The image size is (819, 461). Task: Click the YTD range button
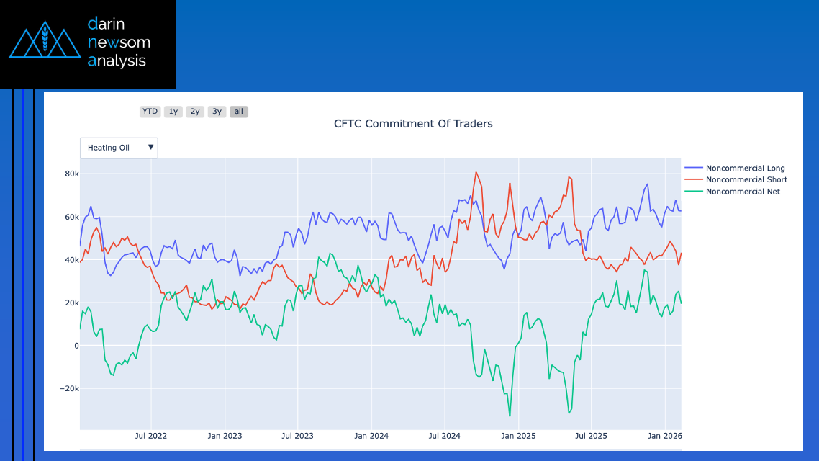150,112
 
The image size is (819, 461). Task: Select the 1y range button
173,112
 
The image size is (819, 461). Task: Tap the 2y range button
195,112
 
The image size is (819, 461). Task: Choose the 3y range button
217,112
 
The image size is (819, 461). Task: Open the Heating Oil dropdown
119,148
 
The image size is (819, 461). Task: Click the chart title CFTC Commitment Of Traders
413,124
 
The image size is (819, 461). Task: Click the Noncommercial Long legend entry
745,168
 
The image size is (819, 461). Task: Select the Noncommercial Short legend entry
746,179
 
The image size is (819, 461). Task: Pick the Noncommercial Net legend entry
743,192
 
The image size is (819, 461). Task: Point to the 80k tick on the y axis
71,174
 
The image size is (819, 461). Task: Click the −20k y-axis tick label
68,389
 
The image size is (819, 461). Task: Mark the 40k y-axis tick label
71,260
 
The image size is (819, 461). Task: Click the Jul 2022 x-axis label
151,436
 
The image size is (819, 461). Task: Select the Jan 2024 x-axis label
371,436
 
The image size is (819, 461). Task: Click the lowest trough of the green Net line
510,416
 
